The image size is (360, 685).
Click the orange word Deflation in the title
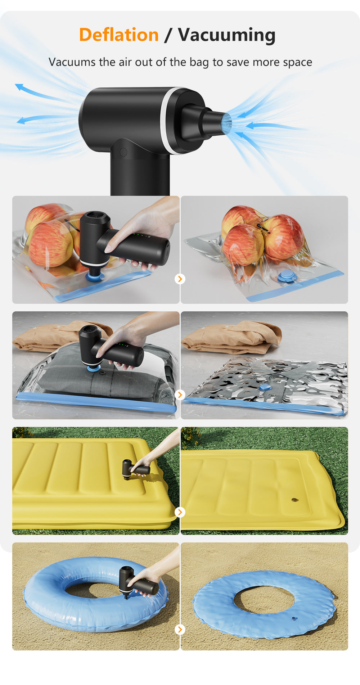click(119, 35)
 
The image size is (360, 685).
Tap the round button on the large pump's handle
click(123, 152)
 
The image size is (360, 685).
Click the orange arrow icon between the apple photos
click(180, 279)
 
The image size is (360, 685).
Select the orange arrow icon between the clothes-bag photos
click(180, 395)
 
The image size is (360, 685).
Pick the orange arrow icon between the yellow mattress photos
click(180, 512)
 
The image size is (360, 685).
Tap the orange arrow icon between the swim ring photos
click(180, 629)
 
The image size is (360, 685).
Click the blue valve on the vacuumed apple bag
click(287, 276)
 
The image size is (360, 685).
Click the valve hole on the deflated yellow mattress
click(295, 500)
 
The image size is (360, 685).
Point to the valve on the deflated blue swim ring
click(294, 619)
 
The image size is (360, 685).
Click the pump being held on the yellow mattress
click(135, 469)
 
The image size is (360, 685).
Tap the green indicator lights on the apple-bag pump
click(140, 236)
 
